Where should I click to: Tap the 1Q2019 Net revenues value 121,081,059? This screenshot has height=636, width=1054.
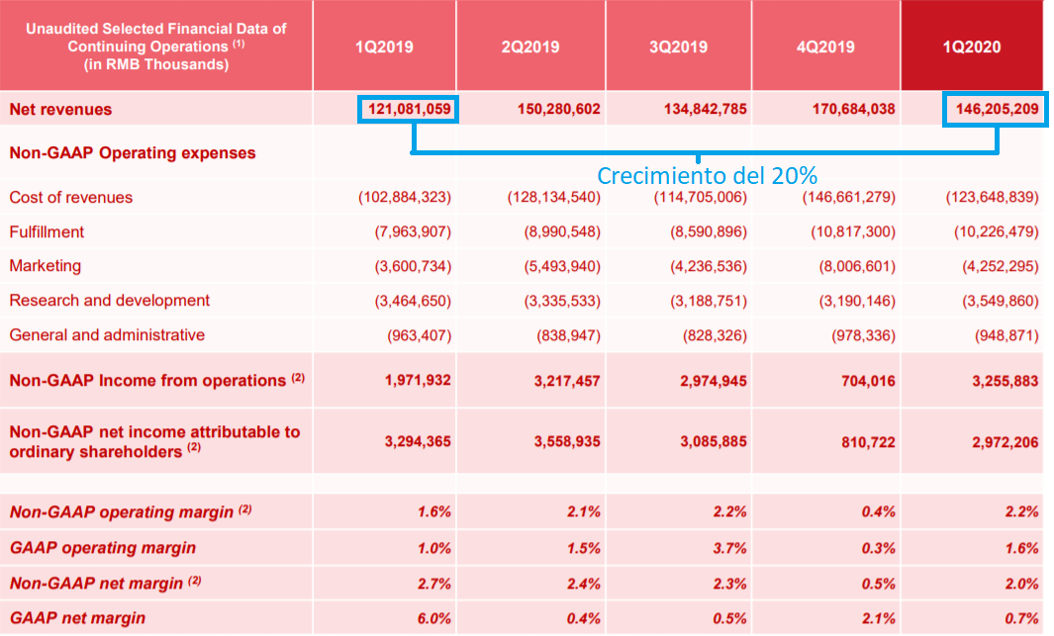(407, 109)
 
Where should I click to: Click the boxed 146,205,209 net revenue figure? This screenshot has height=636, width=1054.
(995, 109)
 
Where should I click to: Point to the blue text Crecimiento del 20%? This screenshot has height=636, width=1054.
(707, 176)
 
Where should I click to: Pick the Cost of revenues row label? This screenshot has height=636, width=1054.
(70, 198)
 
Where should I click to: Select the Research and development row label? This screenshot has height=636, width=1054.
(109, 301)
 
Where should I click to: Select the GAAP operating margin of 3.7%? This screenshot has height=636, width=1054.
(730, 548)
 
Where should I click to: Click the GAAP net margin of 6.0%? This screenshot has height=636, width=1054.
(434, 618)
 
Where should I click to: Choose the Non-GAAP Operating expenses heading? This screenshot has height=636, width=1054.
(132, 153)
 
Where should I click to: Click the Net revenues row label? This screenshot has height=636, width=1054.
(60, 109)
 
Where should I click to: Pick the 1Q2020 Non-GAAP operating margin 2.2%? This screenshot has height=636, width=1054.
(1022, 512)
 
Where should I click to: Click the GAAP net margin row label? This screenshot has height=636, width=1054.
(77, 618)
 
